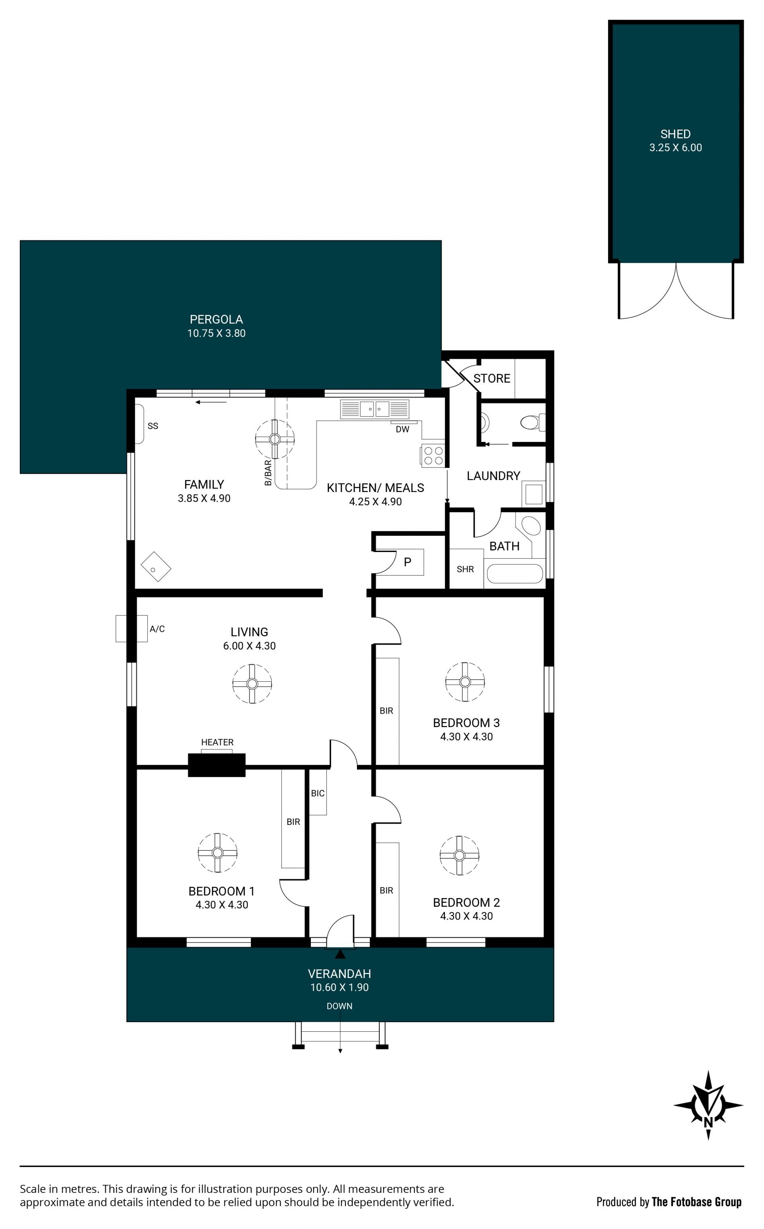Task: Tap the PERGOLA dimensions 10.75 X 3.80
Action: tap(216, 333)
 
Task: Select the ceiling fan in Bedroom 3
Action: tap(465, 682)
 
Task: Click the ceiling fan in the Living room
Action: tap(252, 684)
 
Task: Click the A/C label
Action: tap(157, 629)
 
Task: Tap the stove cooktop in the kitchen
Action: tap(433, 455)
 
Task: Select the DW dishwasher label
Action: tap(402, 429)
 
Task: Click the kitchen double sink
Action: tap(374, 408)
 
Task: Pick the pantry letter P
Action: tap(407, 562)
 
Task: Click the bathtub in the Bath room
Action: tap(515, 574)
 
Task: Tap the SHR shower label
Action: tap(465, 569)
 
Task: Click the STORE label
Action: tap(492, 378)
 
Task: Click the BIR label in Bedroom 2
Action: tap(386, 890)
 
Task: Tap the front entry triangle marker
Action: tap(340, 954)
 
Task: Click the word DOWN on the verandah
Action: tap(339, 1006)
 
